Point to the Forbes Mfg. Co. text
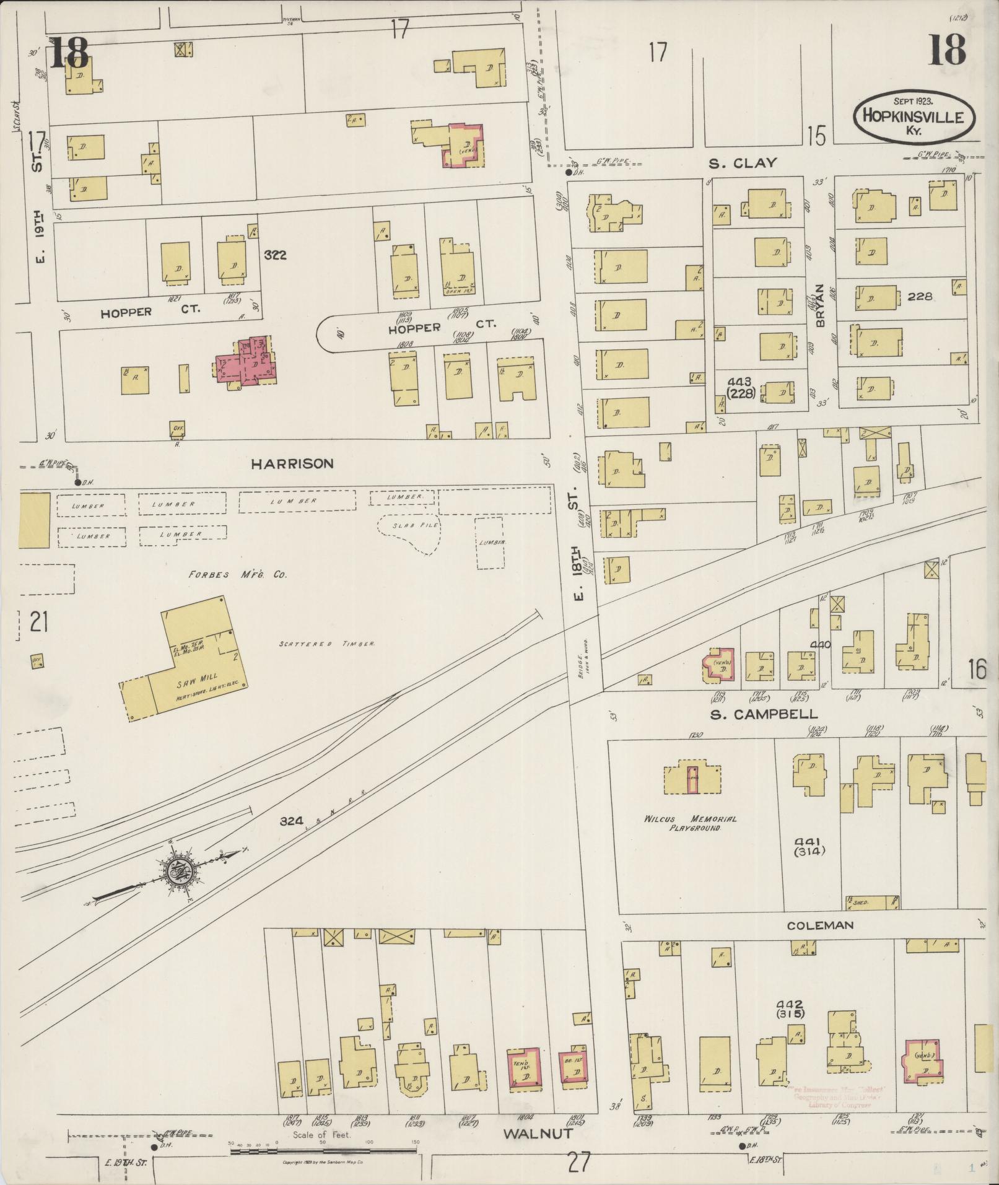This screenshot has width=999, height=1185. click(x=238, y=574)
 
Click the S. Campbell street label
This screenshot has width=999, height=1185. click(x=763, y=714)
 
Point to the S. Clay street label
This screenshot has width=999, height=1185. click(x=743, y=164)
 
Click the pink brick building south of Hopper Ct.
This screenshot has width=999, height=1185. click(x=246, y=364)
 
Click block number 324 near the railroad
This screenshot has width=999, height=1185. click(x=291, y=821)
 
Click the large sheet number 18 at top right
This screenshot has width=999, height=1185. click(x=946, y=50)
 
